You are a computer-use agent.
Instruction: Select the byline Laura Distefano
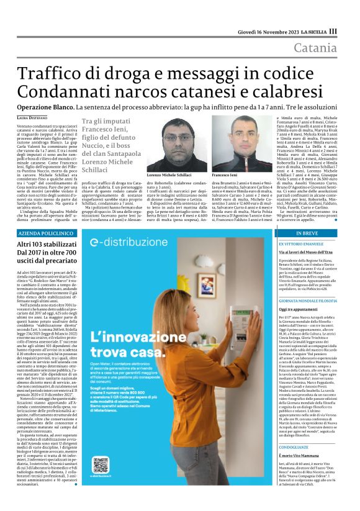(31, 117)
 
